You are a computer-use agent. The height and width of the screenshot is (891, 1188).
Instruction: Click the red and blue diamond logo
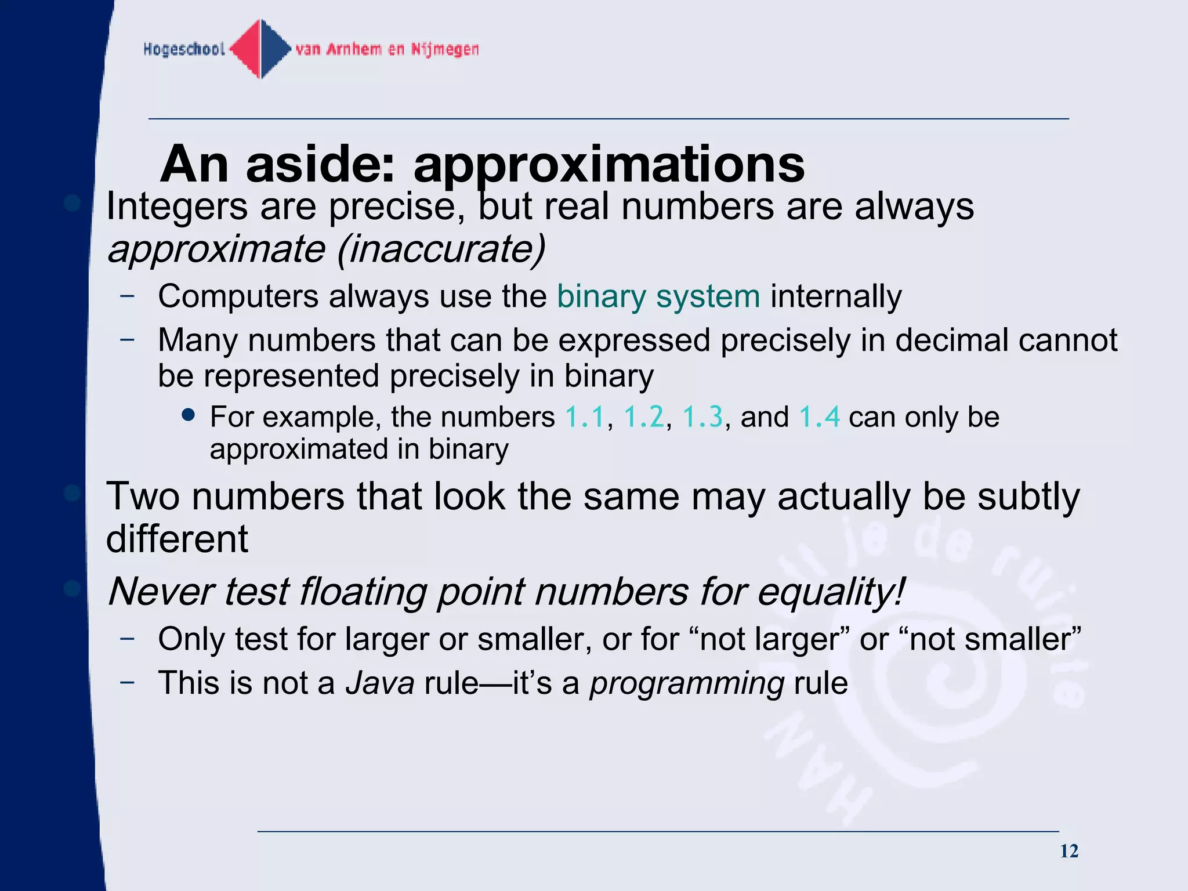261,49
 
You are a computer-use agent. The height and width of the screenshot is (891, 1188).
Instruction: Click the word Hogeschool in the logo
184,49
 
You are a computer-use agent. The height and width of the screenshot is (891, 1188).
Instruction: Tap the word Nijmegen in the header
445,49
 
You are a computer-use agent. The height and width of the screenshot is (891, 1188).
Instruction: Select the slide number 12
1069,851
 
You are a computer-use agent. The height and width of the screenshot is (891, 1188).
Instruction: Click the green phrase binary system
658,296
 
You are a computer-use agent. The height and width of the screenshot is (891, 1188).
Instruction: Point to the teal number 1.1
585,417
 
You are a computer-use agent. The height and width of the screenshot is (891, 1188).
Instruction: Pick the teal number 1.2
644,417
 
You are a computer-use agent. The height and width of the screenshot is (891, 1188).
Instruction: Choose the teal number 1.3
703,417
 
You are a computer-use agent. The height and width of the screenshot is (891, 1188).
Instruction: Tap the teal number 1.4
819,417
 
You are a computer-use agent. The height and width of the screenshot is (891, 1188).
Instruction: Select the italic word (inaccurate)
441,249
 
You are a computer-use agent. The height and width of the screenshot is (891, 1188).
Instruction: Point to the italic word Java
380,683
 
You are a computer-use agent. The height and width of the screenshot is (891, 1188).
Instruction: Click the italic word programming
687,683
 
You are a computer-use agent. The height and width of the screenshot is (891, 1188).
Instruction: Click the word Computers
238,296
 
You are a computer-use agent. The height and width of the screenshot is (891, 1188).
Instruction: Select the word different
177,539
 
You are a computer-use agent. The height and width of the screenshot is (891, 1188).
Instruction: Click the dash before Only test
127,638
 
